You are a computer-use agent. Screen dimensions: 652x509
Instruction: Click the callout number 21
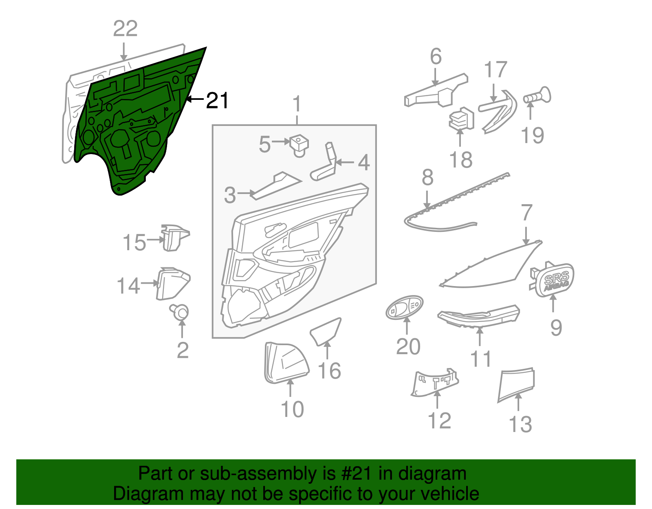point(217,100)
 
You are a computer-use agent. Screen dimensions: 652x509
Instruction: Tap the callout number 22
point(125,29)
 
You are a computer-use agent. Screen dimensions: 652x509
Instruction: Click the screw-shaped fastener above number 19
point(537,96)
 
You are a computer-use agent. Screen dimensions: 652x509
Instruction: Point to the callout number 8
point(427,177)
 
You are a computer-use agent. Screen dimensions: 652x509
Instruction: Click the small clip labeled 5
point(299,146)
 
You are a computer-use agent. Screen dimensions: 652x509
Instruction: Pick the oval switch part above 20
point(405,307)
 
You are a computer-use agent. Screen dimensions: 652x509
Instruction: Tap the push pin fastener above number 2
point(179,312)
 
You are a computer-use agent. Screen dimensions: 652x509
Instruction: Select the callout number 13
point(520,424)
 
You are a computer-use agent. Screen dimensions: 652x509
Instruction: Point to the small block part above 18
point(461,119)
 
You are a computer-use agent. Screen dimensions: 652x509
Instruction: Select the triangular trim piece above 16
point(326,332)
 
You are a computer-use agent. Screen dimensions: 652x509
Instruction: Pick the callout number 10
point(292,409)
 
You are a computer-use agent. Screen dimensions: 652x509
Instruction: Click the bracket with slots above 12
point(434,382)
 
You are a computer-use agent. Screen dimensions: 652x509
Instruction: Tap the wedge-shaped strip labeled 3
point(275,186)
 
